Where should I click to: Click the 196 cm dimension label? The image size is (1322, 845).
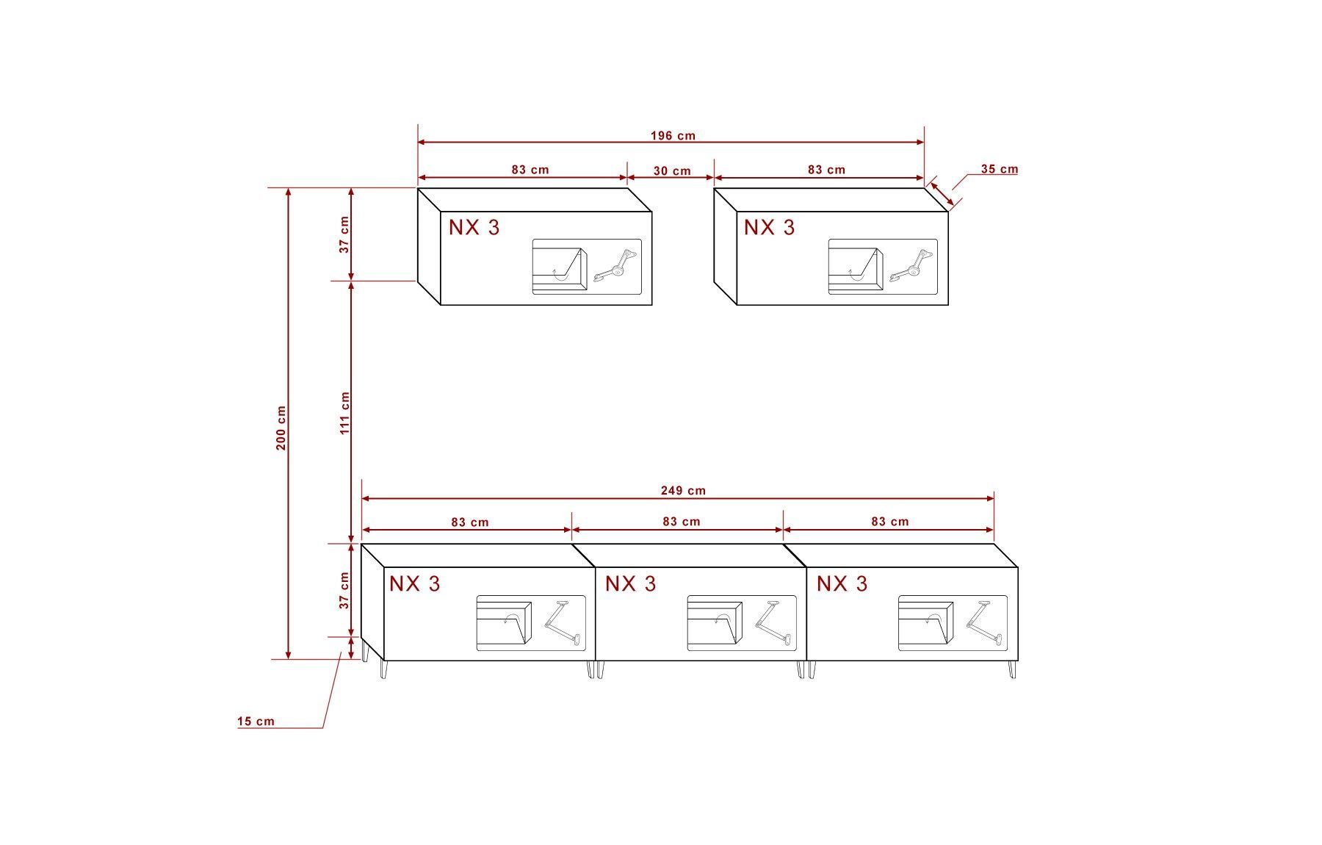point(673,136)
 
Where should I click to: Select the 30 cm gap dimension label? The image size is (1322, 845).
point(672,171)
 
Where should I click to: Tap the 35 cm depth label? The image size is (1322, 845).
point(1000,169)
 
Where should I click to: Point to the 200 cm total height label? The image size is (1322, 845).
point(281,428)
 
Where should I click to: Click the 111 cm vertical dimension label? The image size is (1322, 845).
point(345,413)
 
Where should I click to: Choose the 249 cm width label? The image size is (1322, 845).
point(683,491)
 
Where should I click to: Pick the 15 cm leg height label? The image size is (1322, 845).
point(256,722)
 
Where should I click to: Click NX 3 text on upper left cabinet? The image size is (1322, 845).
point(474,227)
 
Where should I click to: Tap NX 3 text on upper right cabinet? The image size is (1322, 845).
point(769,227)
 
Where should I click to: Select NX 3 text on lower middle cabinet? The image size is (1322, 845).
point(630,583)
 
